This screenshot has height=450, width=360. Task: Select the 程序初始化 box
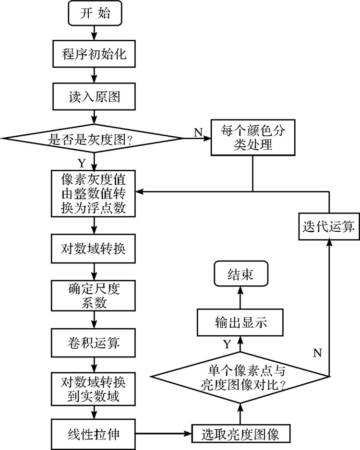[95, 54]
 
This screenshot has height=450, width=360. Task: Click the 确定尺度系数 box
[95, 296]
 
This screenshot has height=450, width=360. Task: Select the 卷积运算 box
[95, 343]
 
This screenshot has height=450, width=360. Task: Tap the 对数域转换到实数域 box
[95, 390]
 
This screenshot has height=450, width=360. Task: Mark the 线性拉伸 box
[95, 435]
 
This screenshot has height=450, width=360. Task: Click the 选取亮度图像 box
[241, 435]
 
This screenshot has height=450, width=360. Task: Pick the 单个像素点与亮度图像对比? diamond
[241, 377]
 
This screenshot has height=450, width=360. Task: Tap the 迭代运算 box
[329, 226]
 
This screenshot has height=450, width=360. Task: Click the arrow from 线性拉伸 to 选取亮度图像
[163, 435]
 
